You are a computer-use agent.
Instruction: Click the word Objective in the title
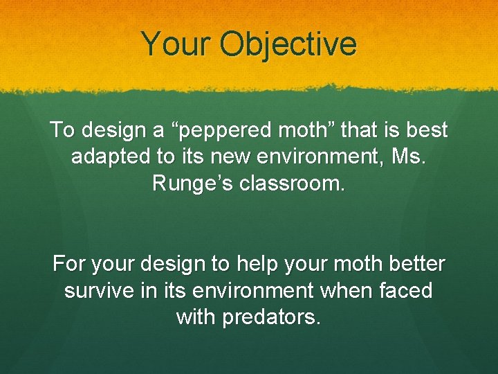288,45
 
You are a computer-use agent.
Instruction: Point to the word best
427,130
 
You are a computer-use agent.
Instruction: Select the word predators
269,317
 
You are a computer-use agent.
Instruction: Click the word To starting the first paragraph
62,130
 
